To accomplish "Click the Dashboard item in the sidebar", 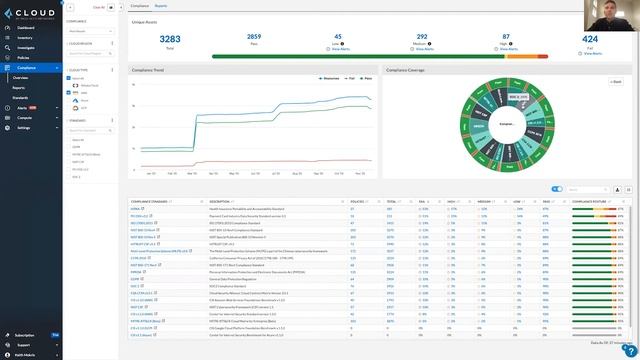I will (27, 29).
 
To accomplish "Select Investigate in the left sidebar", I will (27, 48).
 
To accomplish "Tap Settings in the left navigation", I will (24, 128).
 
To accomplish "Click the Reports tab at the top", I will (161, 6).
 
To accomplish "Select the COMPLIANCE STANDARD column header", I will (150, 201).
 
